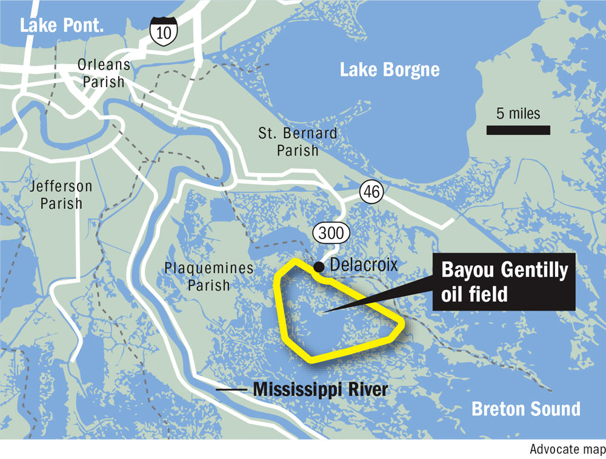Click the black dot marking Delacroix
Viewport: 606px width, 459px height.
319,265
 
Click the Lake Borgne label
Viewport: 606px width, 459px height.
389,70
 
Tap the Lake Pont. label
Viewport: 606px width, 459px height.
62,25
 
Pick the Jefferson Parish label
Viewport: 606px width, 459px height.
61,194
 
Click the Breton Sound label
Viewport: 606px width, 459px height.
525,409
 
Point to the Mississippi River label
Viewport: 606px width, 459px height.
320,389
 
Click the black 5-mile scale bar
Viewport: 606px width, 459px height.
518,130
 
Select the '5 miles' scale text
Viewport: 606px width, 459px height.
518,113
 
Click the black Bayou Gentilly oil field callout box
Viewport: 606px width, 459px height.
504,282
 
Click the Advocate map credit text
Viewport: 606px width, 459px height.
567,449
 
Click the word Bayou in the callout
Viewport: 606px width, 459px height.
465,270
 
